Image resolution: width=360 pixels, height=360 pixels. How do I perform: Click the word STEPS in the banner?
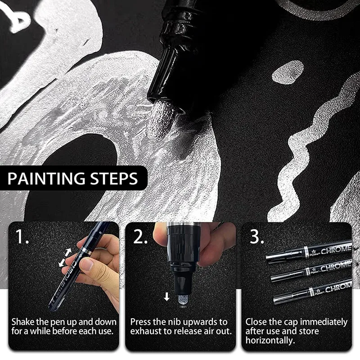coord(114,178)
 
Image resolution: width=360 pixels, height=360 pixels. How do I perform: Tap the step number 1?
coord(22,236)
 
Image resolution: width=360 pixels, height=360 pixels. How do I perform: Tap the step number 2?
coord(140,236)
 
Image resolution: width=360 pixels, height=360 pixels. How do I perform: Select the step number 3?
coord(256,236)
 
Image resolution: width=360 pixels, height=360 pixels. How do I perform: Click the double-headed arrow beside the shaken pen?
coord(65,257)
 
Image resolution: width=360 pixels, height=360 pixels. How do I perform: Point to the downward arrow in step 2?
coord(166,297)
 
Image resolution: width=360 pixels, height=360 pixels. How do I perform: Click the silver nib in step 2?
coord(183,301)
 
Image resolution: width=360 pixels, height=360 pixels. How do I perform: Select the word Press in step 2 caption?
coord(140,322)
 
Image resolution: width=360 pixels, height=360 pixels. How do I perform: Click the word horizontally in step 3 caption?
coord(270,341)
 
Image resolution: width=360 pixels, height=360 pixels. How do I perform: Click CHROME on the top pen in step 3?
coord(336,250)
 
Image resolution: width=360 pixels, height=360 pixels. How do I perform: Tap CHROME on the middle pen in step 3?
coord(335,267)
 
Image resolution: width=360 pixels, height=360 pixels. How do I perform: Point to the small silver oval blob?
coord(288,72)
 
